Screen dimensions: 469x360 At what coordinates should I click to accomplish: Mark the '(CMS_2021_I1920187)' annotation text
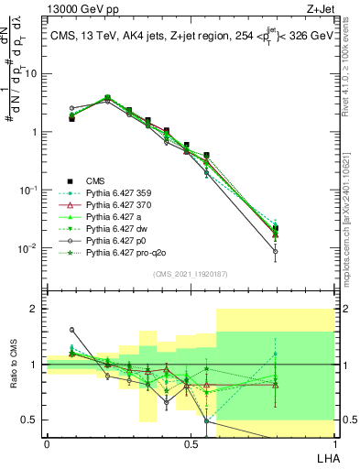190,273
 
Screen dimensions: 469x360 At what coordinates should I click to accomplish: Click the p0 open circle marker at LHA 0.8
301,251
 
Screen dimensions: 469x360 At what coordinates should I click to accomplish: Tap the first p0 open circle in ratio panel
72,330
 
